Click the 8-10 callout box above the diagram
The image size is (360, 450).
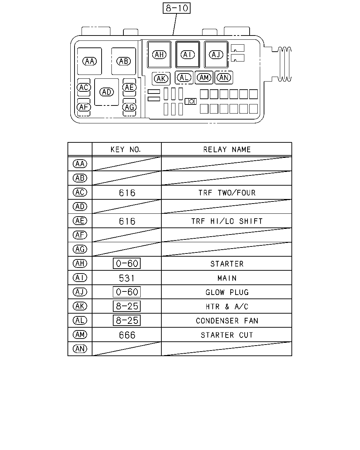(x=176, y=8)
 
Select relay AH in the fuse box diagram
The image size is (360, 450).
(x=159, y=54)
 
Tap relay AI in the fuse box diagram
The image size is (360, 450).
(x=188, y=54)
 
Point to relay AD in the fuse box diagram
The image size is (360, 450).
(x=107, y=92)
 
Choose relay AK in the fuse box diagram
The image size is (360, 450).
(x=161, y=79)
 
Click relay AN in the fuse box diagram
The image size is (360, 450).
(x=224, y=78)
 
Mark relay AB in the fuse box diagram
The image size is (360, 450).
(x=124, y=61)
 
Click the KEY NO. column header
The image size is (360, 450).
(x=126, y=149)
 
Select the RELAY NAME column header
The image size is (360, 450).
(x=227, y=149)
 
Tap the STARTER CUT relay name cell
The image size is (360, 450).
(x=227, y=335)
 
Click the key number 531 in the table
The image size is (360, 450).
(x=127, y=278)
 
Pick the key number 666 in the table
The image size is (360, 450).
(x=127, y=335)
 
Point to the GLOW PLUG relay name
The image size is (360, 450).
(x=227, y=292)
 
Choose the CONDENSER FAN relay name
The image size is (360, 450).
(x=227, y=321)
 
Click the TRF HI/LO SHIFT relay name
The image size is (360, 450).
(x=227, y=221)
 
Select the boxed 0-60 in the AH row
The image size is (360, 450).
(x=127, y=263)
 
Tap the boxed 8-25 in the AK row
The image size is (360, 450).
(x=127, y=306)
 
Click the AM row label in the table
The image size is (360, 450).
(x=80, y=335)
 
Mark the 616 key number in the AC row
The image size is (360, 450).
(x=127, y=193)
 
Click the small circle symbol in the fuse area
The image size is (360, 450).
(x=191, y=102)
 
